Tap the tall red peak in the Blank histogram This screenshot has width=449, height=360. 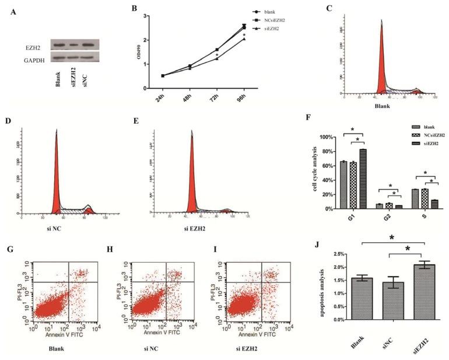tap(381, 58)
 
